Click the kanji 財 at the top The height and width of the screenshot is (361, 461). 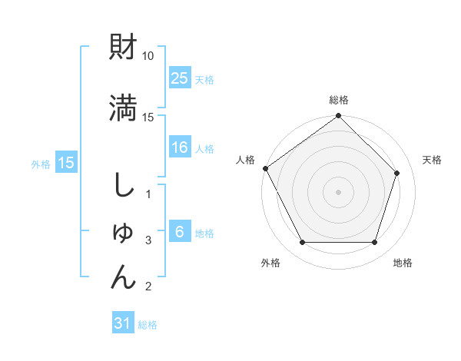tap(124, 48)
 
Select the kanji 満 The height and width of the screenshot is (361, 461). tap(124, 108)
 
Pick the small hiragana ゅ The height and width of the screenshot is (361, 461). tap(124, 233)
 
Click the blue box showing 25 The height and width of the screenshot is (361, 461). tap(180, 78)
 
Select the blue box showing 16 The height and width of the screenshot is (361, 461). tap(180, 148)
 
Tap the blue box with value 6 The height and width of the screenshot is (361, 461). tap(180, 232)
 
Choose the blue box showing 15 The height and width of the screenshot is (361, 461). tap(66, 162)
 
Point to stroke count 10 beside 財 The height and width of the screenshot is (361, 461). tap(148, 56)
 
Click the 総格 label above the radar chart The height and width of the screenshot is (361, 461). tap(339, 100)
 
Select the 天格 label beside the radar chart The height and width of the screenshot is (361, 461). tap(432, 160)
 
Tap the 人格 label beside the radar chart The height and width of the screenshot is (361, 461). tap(245, 160)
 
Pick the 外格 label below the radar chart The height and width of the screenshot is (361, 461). tap(270, 263)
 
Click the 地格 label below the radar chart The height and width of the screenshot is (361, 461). tap(403, 263)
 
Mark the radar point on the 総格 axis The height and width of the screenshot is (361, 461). tap(338, 117)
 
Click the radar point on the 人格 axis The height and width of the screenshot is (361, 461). tap(265, 168)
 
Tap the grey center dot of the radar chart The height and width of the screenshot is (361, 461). tap(338, 191)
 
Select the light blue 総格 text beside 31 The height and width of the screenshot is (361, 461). tap(148, 325)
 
